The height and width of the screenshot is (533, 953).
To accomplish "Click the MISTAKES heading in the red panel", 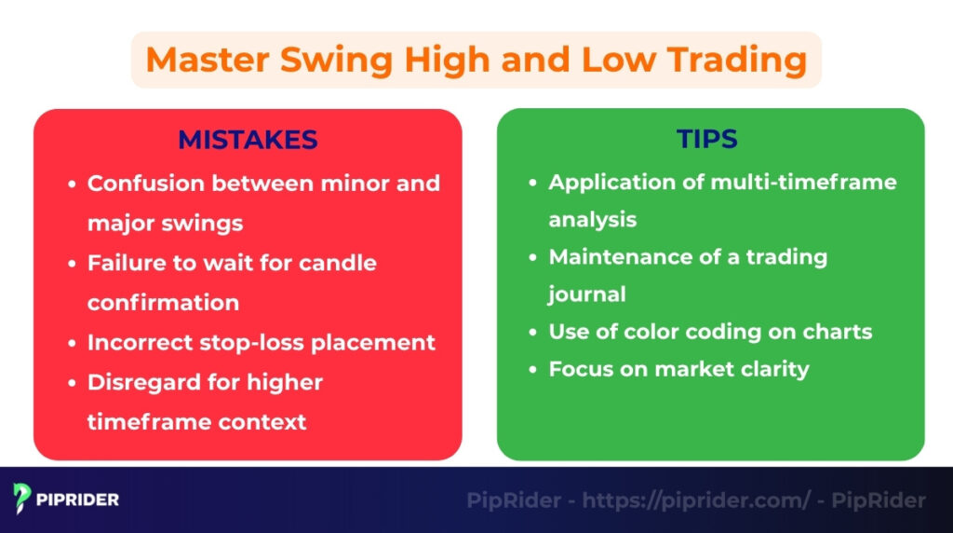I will click(x=248, y=140).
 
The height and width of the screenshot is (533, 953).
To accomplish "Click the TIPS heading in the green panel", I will click(x=707, y=140).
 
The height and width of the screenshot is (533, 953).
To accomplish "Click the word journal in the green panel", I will click(x=586, y=294).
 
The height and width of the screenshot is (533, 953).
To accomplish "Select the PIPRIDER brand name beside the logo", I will click(x=78, y=499).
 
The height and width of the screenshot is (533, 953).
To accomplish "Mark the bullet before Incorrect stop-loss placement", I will click(x=72, y=343).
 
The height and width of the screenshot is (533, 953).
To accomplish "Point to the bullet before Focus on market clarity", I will click(x=532, y=370).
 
